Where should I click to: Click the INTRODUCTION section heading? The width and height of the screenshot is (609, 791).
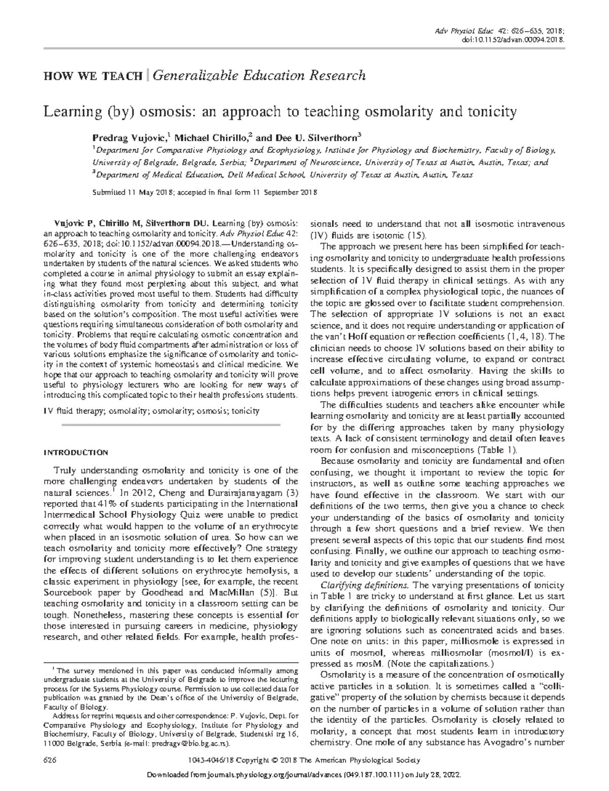[x=76, y=452]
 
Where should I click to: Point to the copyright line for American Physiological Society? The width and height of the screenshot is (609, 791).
[x=304, y=760]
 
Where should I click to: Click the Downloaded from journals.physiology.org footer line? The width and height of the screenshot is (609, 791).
[x=304, y=776]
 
